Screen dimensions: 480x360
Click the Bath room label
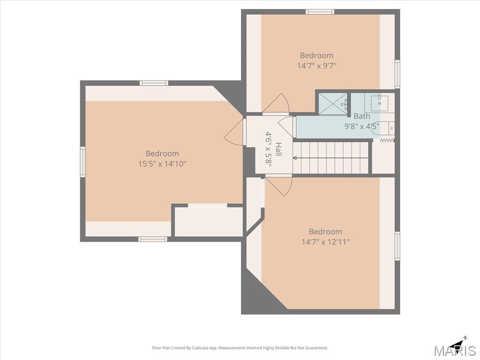coord(362,116)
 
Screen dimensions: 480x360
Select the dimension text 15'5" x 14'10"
coord(162,164)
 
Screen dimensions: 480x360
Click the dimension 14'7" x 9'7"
coord(317,66)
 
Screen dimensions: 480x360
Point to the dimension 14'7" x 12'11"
coord(325,242)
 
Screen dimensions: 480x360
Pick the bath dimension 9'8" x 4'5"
coord(362,126)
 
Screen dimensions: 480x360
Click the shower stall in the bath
coord(333,104)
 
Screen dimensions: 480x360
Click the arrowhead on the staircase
coord(295,158)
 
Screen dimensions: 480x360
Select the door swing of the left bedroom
coord(234,132)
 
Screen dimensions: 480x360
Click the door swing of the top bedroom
coord(276,103)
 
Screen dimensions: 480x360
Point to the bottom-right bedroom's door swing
coord(278,186)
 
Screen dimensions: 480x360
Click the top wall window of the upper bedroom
coord(320,12)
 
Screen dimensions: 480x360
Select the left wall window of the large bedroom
coord(82,161)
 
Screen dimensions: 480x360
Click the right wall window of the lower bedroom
coord(397,246)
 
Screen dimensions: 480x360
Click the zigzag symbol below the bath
coord(387,140)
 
